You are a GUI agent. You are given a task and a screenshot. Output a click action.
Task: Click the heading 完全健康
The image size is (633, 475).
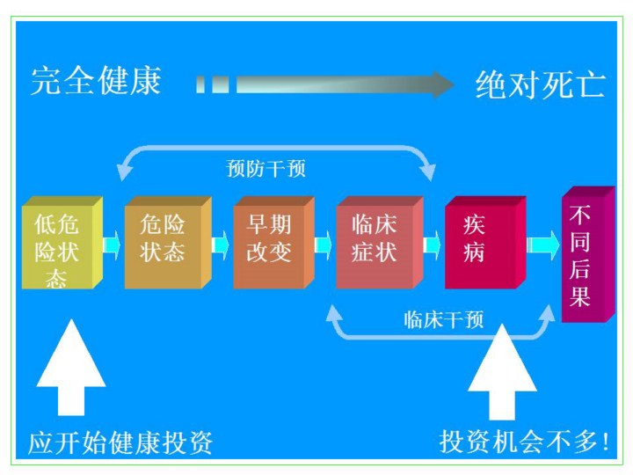click(x=96, y=81)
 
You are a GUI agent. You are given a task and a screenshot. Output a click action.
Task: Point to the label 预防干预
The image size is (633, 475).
click(x=266, y=168)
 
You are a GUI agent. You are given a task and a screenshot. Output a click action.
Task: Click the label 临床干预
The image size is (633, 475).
click(x=444, y=318)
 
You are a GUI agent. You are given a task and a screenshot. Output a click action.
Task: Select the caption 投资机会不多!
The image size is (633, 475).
click(x=526, y=441)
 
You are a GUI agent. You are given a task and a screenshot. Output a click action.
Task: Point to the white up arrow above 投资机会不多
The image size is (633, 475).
click(x=501, y=369)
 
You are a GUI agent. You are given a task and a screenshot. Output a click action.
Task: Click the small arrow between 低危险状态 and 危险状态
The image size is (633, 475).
click(x=113, y=242)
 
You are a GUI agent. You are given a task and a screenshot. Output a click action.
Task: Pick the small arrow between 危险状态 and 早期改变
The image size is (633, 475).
click(x=221, y=242)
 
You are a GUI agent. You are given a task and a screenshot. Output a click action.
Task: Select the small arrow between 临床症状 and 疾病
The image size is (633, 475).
click(x=432, y=242)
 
